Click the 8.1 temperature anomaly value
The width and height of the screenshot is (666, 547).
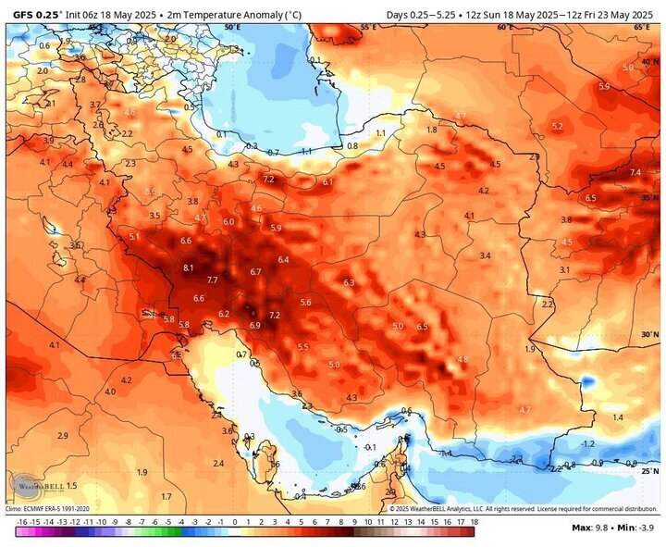pyautogui.click(x=189, y=267)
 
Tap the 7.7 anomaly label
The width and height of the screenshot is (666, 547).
pyautogui.click(x=212, y=280)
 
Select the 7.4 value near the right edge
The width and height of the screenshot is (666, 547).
pyautogui.click(x=635, y=173)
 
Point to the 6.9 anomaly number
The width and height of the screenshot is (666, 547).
pyautogui.click(x=254, y=325)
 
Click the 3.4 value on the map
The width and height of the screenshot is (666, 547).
pyautogui.click(x=485, y=255)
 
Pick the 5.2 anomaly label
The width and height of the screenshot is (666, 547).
pyautogui.click(x=557, y=126)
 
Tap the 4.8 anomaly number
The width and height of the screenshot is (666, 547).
pyautogui.click(x=462, y=358)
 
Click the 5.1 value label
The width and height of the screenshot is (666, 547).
pyautogui.click(x=134, y=237)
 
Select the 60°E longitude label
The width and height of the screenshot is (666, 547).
pyautogui.click(x=504, y=28)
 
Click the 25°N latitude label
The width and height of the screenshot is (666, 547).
pyautogui.click(x=650, y=470)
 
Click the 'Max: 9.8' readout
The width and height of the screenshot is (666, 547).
pyautogui.click(x=588, y=528)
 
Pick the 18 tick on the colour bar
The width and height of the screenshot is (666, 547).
pyautogui.click(x=474, y=522)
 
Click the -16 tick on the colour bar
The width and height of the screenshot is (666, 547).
pyautogui.click(x=20, y=522)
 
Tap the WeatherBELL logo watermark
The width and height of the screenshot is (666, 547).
pyautogui.click(x=35, y=485)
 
